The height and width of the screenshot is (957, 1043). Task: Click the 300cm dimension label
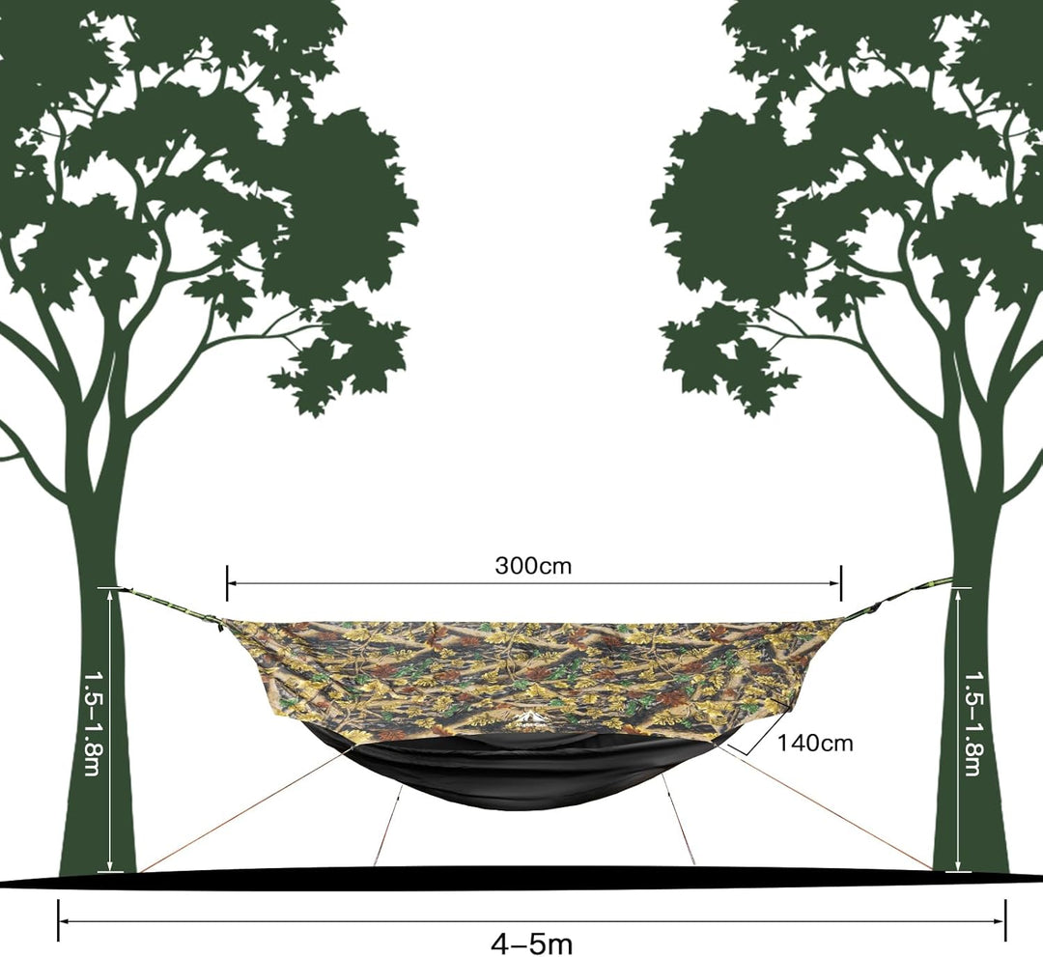[533, 566]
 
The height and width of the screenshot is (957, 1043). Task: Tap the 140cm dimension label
[815, 743]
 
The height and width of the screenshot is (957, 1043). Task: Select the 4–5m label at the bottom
[531, 943]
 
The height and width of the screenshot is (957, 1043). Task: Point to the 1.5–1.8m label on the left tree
[91, 724]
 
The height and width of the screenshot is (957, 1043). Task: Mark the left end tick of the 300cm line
[227, 582]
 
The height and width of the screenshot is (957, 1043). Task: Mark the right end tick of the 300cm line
[841, 582]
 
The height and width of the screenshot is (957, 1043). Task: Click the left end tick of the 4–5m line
[59, 920]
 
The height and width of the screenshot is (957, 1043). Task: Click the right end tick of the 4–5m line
[1005, 920]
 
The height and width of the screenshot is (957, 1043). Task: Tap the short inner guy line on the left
[388, 825]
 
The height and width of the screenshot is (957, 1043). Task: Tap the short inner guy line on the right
[678, 819]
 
